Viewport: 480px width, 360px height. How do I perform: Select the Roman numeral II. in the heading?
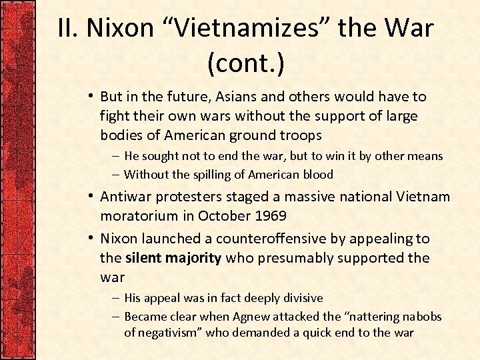[x=68, y=29]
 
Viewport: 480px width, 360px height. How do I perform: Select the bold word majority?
[x=194, y=257]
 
